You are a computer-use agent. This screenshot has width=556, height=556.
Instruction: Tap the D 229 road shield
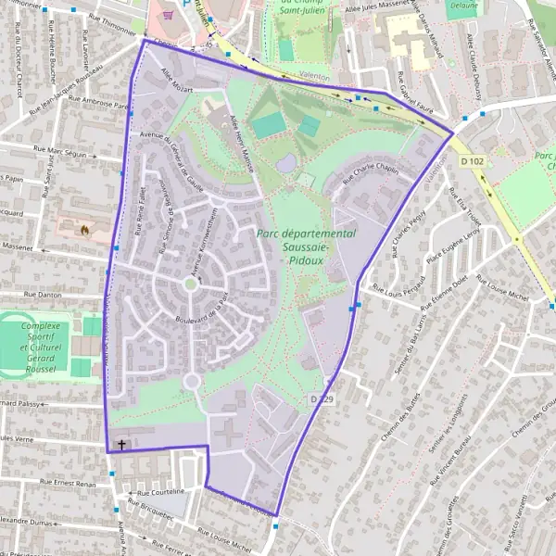tap(322, 398)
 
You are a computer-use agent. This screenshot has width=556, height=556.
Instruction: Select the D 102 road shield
tap(472, 160)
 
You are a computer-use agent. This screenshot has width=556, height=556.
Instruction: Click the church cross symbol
tap(121, 445)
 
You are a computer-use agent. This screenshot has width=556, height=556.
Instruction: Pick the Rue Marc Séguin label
tap(59, 150)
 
